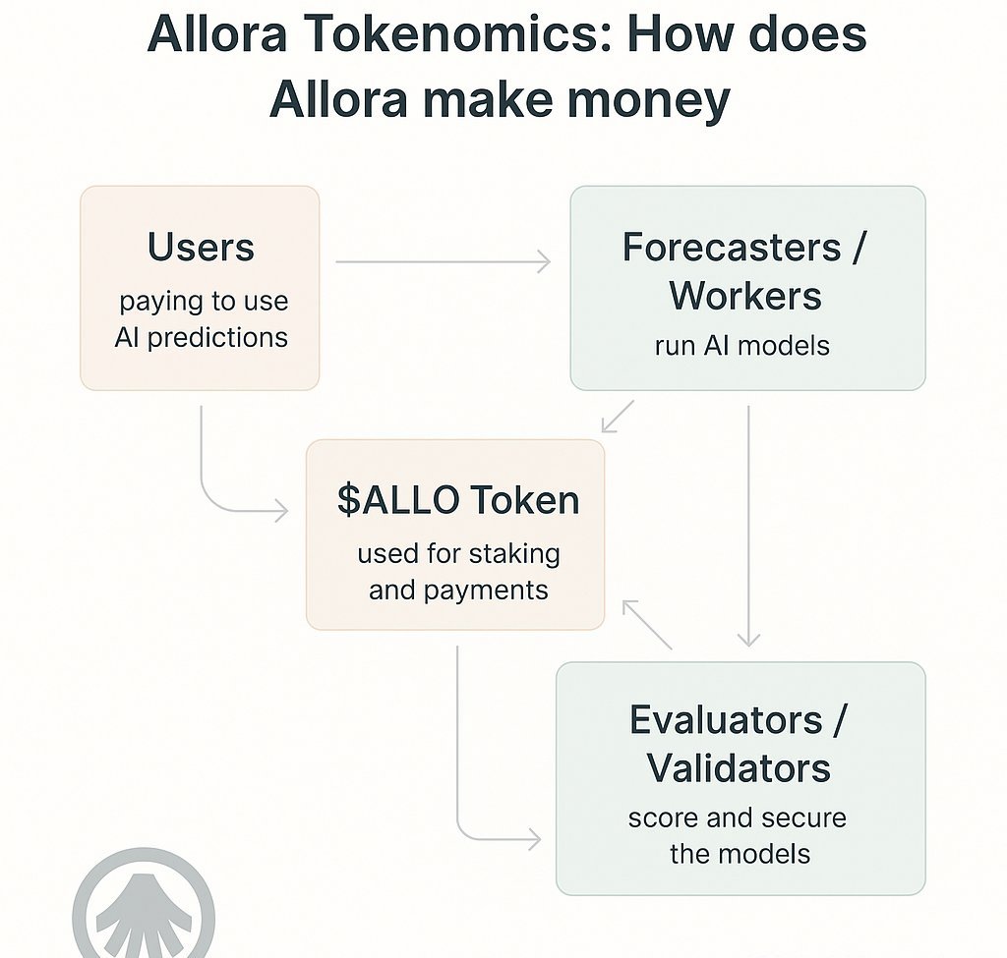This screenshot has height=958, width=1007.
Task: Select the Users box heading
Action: click(201, 247)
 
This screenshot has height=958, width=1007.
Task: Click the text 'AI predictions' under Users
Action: click(201, 337)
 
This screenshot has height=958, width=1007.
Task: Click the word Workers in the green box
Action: click(746, 295)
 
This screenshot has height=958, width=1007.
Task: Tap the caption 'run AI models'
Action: click(741, 346)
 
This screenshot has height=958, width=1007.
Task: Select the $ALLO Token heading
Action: click(457, 500)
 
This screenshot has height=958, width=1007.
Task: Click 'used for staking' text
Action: click(458, 553)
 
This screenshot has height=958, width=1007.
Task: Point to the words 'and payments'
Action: click(458, 590)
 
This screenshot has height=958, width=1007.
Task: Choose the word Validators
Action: click(739, 767)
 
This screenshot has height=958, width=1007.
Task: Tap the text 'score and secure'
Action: click(737, 817)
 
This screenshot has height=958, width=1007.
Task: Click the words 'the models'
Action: click(740, 853)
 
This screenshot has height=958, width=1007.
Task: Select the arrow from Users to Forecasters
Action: click(443, 261)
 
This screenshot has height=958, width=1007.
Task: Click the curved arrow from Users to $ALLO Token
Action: click(216, 491)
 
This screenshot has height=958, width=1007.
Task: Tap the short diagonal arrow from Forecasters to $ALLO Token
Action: click(619, 416)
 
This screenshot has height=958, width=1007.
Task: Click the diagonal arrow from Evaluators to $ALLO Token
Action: click(647, 625)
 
